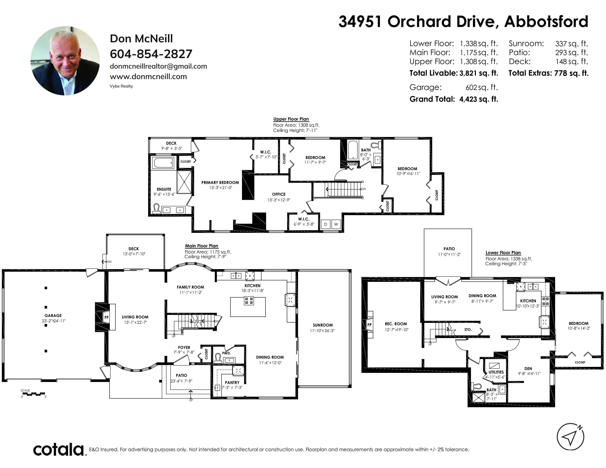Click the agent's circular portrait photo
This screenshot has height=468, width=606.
pyautogui.click(x=65, y=61)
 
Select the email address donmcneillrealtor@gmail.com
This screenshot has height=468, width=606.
pyautogui.click(x=158, y=66)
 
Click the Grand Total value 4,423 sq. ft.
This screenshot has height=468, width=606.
pyautogui.click(x=479, y=99)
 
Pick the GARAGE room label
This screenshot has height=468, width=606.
pyautogui.click(x=53, y=315)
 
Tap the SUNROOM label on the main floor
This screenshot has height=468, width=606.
pyautogui.click(x=322, y=325)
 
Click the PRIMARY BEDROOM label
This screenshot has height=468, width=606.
pyautogui.click(x=220, y=182)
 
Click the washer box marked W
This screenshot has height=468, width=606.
pyautogui.click(x=336, y=224)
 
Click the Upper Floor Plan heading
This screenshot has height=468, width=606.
pyautogui.click(x=291, y=119)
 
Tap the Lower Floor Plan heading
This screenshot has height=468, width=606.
pyautogui.click(x=503, y=253)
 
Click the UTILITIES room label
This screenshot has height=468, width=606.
pyautogui.click(x=496, y=372)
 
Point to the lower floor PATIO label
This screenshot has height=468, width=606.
pyautogui.click(x=449, y=249)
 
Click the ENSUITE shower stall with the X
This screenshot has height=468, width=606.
pyautogui.click(x=184, y=181)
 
